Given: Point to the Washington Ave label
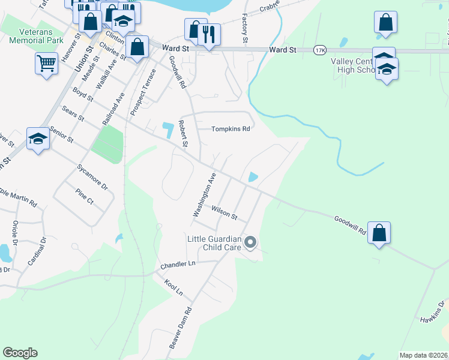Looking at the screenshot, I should coord(203,195).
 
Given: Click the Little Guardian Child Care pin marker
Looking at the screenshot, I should coord(251,242).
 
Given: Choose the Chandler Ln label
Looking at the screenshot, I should coord(178,265).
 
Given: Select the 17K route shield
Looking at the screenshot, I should coord(319,50).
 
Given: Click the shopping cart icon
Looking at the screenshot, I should coord(46,62).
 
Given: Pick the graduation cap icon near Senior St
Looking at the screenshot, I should coord(38,139).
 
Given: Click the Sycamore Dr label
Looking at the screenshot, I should coord(92,176).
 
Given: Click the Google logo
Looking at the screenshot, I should coord(20,353).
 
